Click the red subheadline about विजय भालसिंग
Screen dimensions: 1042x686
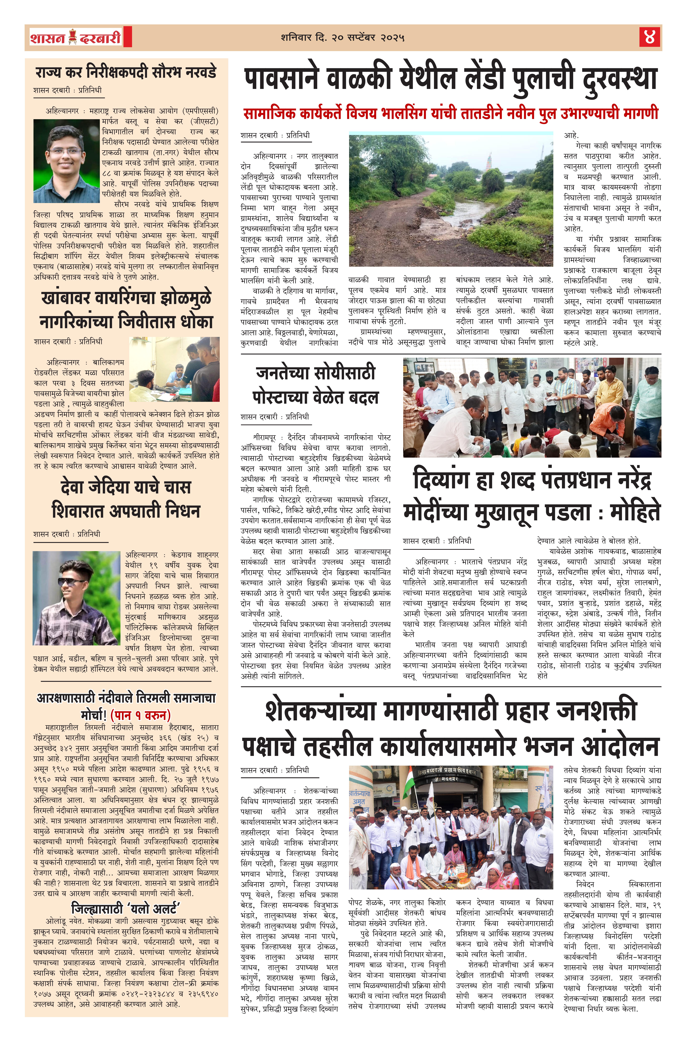point(451,114)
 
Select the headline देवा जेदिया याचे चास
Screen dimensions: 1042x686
point(126,487)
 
